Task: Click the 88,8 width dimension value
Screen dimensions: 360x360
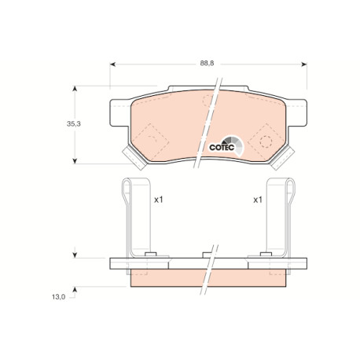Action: (x=207, y=64)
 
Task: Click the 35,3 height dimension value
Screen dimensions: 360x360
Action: (x=74, y=124)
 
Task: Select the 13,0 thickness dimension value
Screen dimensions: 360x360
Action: (x=58, y=297)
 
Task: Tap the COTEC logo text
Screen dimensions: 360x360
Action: (x=222, y=147)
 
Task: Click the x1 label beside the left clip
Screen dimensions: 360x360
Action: (x=159, y=200)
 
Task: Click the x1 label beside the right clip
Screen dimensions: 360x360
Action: (x=258, y=200)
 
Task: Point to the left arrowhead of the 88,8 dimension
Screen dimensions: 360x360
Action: (x=112, y=64)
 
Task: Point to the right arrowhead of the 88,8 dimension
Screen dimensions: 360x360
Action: (x=304, y=64)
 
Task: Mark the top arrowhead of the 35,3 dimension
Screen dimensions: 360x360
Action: (x=75, y=89)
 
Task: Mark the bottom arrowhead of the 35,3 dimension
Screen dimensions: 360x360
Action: (x=75, y=161)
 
